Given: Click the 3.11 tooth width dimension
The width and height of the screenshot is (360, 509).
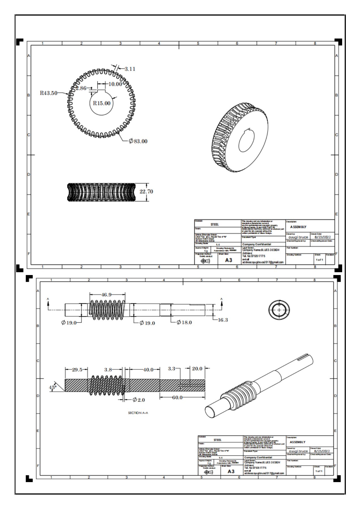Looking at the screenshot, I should pyautogui.click(x=130, y=69).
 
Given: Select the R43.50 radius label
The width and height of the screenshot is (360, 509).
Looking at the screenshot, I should pyautogui.click(x=48, y=93).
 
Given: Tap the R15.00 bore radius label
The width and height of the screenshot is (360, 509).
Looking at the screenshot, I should pyautogui.click(x=102, y=103).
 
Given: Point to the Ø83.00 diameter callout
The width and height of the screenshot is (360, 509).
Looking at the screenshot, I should pyautogui.click(x=138, y=141).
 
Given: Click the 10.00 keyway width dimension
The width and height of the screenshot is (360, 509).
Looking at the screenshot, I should pyautogui.click(x=115, y=84).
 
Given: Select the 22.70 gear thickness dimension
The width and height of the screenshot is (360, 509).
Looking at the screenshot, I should pyautogui.click(x=146, y=191).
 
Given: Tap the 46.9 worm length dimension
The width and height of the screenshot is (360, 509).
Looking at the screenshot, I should pyautogui.click(x=106, y=295).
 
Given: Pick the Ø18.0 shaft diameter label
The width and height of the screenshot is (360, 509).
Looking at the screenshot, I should pyautogui.click(x=184, y=322).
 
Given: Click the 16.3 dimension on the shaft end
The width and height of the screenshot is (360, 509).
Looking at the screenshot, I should pyautogui.click(x=223, y=320).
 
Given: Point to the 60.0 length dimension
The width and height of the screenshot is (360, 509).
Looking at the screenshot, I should pyautogui.click(x=177, y=397).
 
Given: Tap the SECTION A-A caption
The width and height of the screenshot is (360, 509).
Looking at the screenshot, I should pyautogui.click(x=138, y=413).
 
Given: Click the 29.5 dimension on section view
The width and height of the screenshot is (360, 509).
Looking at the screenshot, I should pyautogui.click(x=77, y=370).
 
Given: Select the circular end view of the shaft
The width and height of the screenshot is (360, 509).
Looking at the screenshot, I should pyautogui.click(x=279, y=310).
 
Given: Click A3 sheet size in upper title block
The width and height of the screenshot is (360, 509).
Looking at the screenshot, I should pyautogui.click(x=229, y=260).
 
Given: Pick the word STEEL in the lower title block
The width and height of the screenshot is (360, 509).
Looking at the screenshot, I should pyautogui.click(x=218, y=440).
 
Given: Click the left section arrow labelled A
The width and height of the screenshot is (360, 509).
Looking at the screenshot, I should pyautogui.click(x=48, y=302).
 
